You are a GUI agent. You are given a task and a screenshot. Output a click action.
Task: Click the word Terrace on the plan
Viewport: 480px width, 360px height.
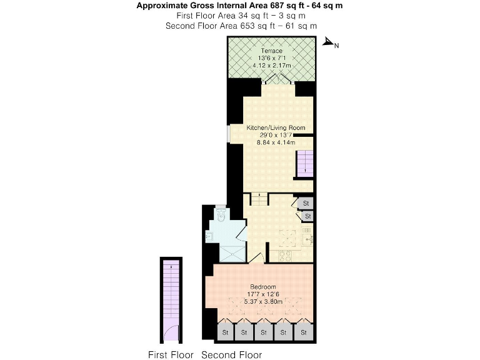(272, 51)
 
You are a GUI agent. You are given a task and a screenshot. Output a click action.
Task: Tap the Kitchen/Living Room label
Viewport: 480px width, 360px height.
(276, 128)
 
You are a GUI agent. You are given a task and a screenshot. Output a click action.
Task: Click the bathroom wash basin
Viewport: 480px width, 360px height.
(210, 236)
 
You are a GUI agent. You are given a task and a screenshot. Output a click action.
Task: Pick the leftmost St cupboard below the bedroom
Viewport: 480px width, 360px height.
(224, 332)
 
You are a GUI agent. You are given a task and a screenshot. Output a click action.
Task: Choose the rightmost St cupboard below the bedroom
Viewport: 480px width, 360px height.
(304, 332)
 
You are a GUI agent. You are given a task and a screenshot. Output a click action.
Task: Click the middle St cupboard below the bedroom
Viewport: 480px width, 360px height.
(264, 332)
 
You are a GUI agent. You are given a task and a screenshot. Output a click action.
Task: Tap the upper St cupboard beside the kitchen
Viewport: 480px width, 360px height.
(306, 203)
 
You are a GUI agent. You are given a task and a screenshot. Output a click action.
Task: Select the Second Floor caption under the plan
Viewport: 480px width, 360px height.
(231, 355)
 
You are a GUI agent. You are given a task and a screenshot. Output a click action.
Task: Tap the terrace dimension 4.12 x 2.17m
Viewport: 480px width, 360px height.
(272, 64)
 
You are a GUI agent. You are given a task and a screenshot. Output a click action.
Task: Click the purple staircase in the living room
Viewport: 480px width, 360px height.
(303, 164)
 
